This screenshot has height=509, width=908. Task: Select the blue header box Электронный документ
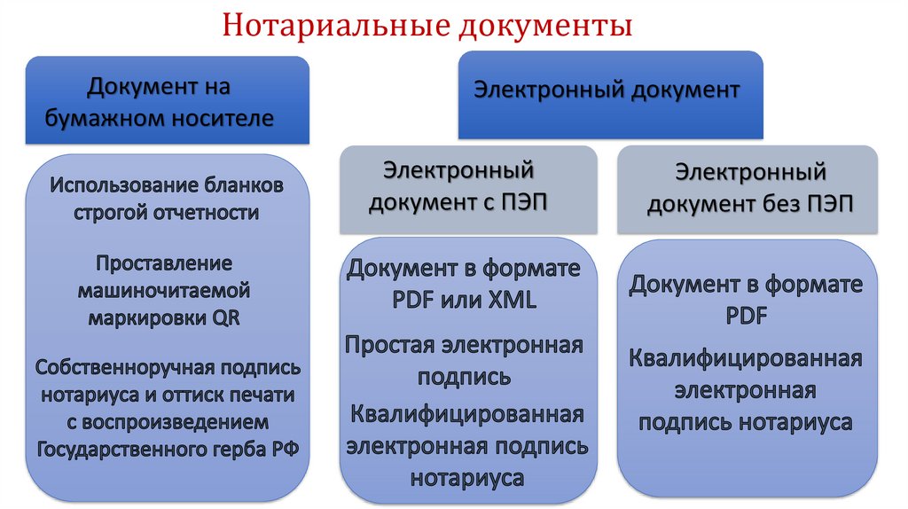(610, 94)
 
